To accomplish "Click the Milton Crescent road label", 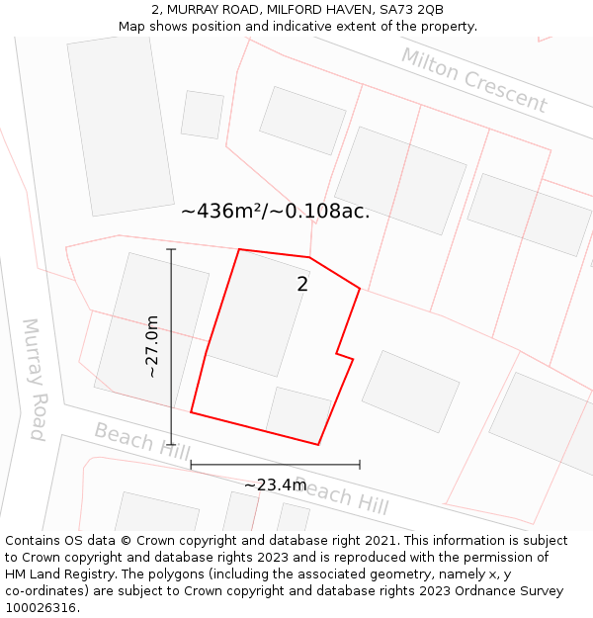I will (x=473, y=79).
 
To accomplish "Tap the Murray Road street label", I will (x=35, y=379).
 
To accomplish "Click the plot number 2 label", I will (x=302, y=285).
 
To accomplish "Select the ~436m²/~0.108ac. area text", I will (x=275, y=211).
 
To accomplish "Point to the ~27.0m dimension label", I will (x=152, y=346).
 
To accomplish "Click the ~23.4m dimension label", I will (x=275, y=485).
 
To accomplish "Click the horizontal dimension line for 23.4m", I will (x=275, y=464).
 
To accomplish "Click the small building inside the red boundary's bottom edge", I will (x=298, y=414).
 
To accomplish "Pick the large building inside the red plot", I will (x=258, y=312).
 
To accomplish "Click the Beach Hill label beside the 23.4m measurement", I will (x=342, y=497).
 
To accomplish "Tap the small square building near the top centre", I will (x=203, y=115).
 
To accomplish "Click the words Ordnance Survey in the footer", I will (x=514, y=591).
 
